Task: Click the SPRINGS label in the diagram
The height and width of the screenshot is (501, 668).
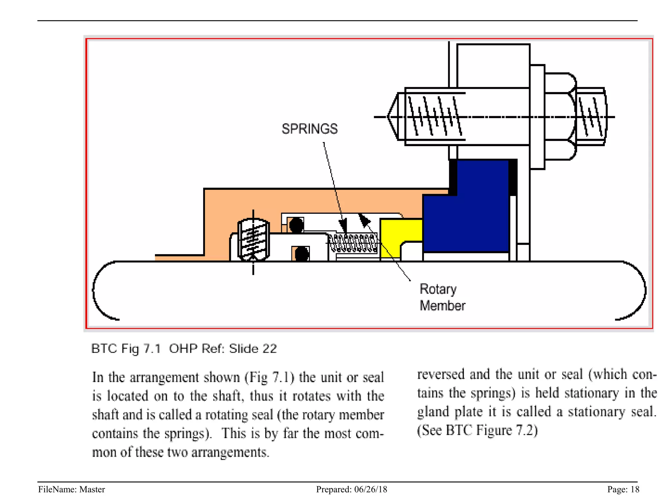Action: point(310,129)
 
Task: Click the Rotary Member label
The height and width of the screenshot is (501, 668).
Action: point(442,297)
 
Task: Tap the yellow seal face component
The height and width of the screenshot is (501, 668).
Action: point(396,233)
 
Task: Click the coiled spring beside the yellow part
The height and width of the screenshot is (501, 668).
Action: point(353,244)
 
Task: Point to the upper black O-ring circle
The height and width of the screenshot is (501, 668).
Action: point(296,225)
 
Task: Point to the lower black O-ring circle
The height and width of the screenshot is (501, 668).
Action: point(301,254)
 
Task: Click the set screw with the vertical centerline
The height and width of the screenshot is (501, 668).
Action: point(253,240)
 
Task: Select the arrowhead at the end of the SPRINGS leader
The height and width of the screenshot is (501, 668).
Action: point(343,225)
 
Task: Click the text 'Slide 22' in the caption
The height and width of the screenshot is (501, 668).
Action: point(253,349)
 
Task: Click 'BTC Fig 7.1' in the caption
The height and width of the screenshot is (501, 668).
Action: point(126,349)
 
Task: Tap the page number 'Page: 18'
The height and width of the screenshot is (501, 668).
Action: point(623,489)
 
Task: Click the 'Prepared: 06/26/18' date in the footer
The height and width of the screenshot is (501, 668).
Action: point(351,489)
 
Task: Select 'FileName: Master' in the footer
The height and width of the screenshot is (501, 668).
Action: point(71,489)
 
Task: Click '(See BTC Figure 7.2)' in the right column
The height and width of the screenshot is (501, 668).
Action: point(477,430)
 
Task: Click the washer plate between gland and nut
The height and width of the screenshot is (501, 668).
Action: point(537,117)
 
